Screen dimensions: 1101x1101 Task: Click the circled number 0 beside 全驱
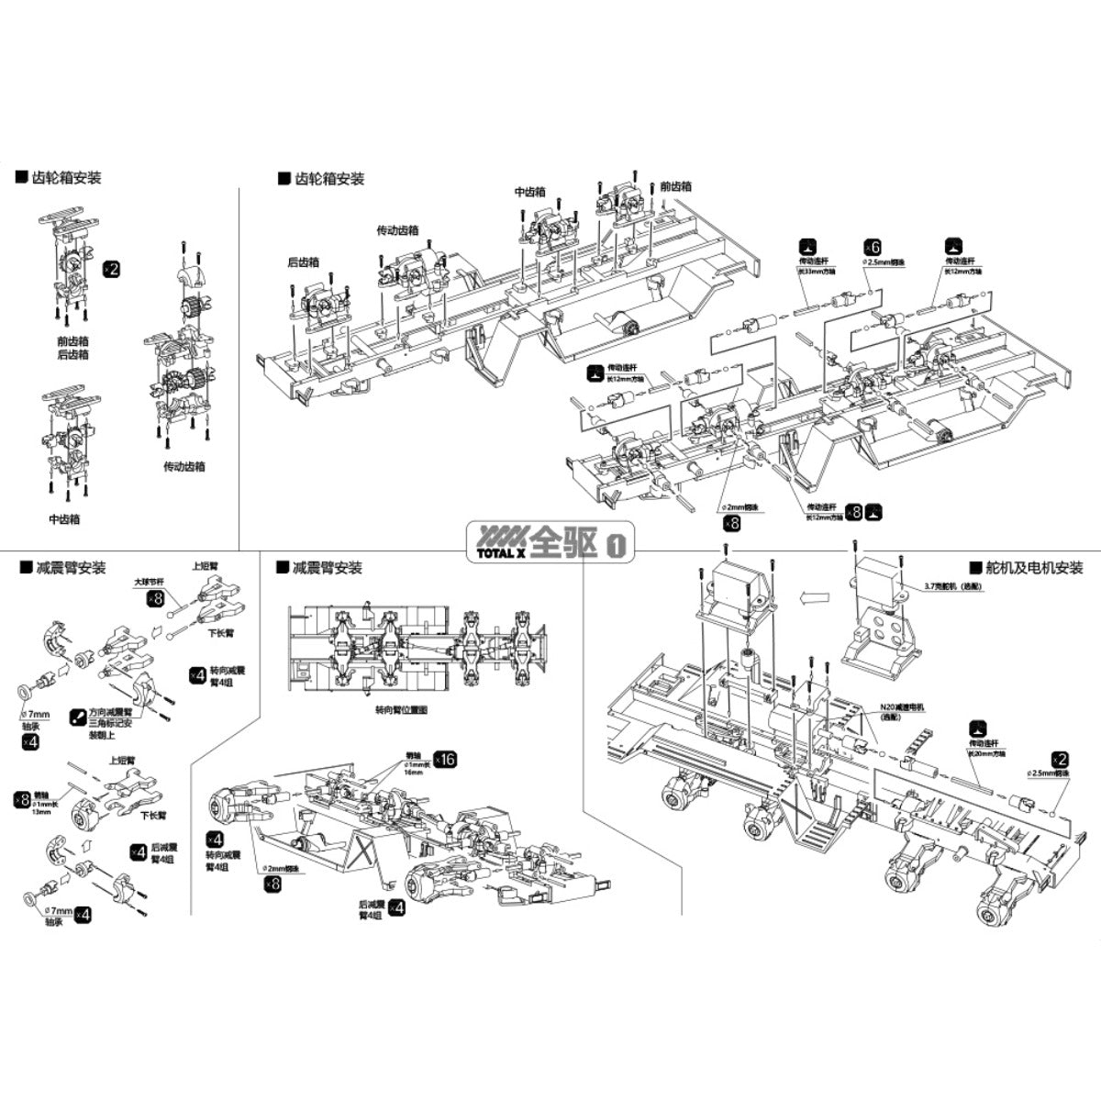click(x=617, y=544)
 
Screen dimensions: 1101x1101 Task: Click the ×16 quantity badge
click(x=444, y=759)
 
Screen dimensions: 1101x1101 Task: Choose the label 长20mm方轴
click(x=983, y=753)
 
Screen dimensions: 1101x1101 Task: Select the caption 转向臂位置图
click(x=403, y=710)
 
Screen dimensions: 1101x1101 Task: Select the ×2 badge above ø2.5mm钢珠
click(x=1061, y=759)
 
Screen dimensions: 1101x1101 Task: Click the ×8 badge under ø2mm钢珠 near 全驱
click(x=731, y=523)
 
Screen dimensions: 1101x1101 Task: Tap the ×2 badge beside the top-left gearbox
click(x=111, y=269)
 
